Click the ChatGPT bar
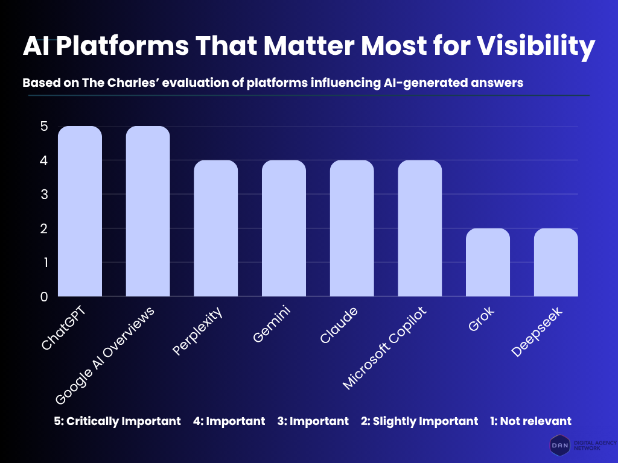[x=80, y=211]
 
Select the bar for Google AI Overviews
[x=148, y=211]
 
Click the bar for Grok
[x=488, y=262]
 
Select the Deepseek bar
[x=556, y=262]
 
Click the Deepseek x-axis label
[x=537, y=331]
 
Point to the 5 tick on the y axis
[x=43, y=127]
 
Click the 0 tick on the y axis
[x=43, y=297]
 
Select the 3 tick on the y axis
[x=43, y=195]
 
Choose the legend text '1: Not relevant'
[x=530, y=421]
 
